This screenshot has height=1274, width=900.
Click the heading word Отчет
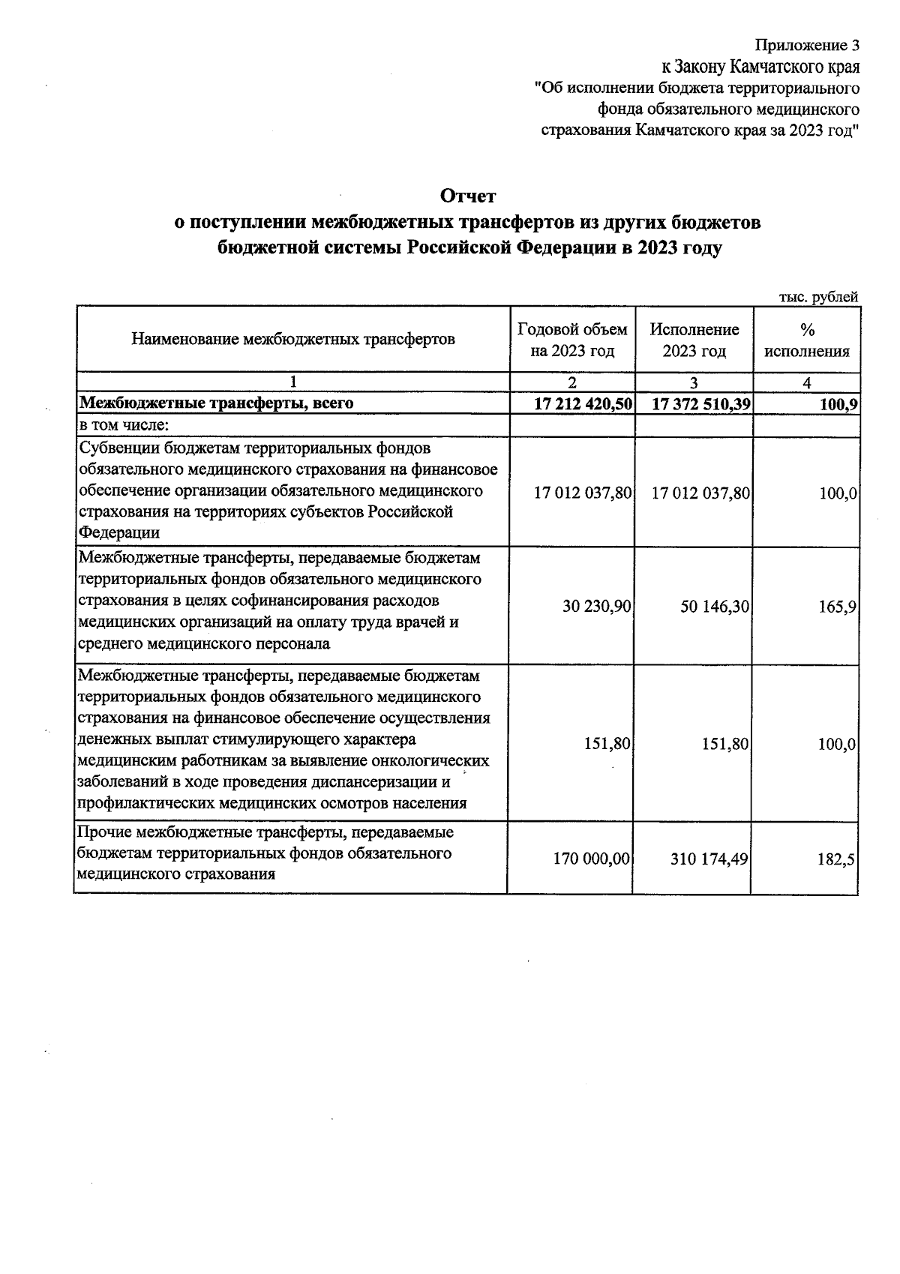click(x=468, y=196)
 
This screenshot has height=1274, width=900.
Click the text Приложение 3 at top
click(x=806, y=45)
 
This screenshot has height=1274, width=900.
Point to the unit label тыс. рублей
click(x=818, y=297)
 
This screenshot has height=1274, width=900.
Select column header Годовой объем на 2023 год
click(x=572, y=340)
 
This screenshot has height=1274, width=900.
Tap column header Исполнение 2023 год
click(x=694, y=340)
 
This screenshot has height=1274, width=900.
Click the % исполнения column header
click(x=807, y=340)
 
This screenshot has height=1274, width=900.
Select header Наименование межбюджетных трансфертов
click(x=293, y=339)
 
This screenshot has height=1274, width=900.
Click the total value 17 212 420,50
click(x=583, y=403)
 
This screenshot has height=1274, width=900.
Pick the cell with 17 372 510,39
click(x=701, y=403)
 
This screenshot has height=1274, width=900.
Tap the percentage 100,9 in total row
click(x=837, y=403)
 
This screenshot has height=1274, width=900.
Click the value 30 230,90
click(x=596, y=607)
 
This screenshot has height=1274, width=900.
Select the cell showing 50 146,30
click(x=715, y=607)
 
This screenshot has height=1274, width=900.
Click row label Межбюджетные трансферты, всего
click(x=217, y=403)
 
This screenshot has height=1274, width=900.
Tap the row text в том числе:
click(x=124, y=425)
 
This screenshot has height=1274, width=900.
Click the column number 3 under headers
click(x=694, y=382)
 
